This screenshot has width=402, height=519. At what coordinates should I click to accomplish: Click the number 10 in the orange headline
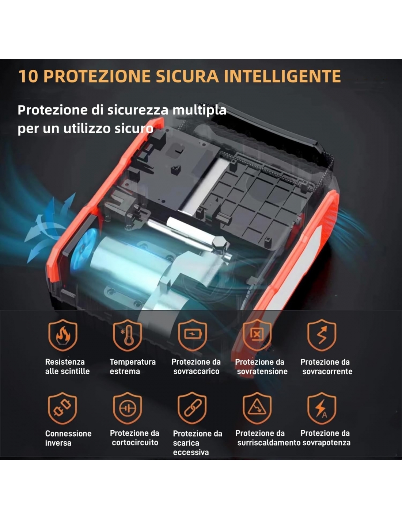pos(28,76)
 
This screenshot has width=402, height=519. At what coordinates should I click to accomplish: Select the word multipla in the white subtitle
pos(200,110)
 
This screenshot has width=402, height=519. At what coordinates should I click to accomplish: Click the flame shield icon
pos(63,335)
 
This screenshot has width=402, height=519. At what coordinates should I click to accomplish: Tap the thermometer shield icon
pos(128,335)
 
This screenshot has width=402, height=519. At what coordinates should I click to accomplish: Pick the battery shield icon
pos(193,335)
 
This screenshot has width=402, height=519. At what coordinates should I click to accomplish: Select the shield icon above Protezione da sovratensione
pos(257,335)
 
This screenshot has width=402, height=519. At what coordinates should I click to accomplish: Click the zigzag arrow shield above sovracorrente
pos(322,335)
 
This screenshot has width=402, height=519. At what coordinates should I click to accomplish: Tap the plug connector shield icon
pos(62,408)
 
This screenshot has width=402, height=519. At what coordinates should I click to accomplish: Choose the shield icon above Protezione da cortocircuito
pos(128,408)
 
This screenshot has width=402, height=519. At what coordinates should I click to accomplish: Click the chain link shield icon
pos(192,408)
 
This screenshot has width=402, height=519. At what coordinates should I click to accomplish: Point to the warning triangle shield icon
pos(257,408)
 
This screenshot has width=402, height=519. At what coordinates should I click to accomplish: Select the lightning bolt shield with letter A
pos(322,408)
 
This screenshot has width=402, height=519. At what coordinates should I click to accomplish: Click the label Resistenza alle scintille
pos(68,366)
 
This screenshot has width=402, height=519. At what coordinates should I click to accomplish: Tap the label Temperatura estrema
pos(133,366)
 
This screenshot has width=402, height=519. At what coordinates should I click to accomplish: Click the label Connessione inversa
pos(68,438)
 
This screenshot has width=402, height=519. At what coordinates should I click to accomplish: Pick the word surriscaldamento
pos(269,443)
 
